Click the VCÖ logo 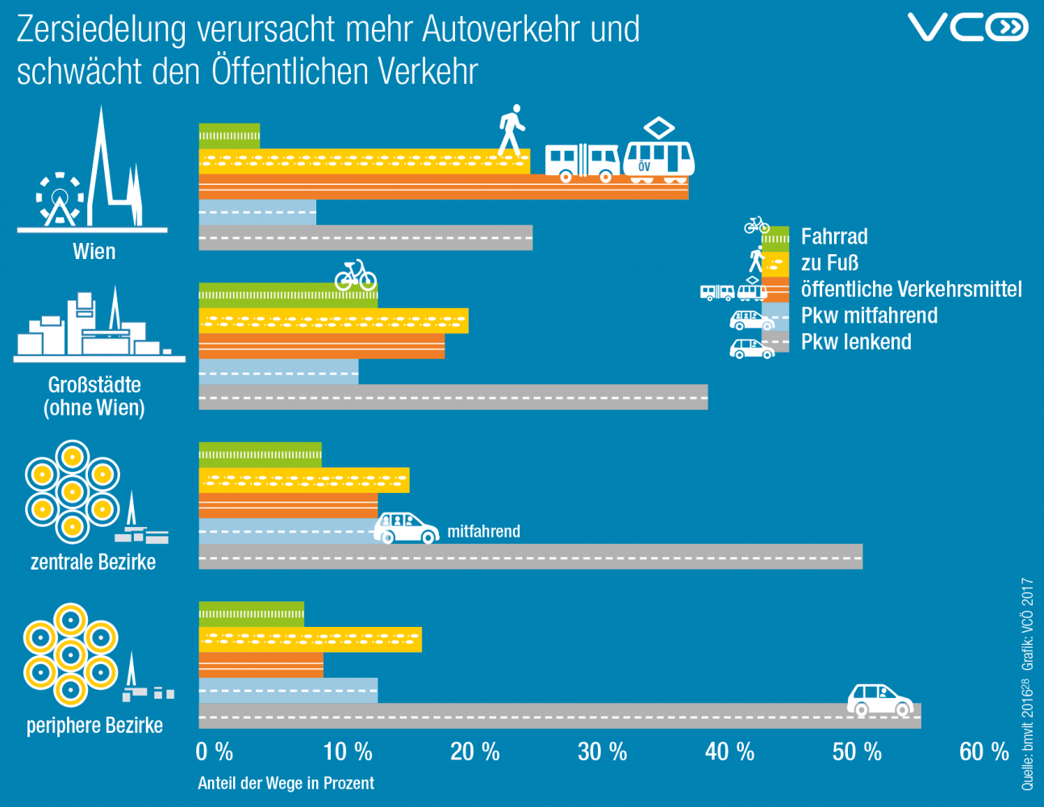tap(967, 27)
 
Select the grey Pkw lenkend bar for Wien tap(365, 238)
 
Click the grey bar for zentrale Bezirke tap(530, 557)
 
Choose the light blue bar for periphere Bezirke tap(288, 691)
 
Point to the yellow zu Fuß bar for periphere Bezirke tap(310, 639)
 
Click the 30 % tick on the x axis tap(602, 752)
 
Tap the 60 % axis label tap(983, 752)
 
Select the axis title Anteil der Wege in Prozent tap(286, 783)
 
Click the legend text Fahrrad tap(834, 236)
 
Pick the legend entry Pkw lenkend tap(856, 341)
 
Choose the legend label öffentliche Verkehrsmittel tap(911, 289)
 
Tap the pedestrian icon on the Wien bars tap(512, 130)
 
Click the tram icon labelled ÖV tap(658, 153)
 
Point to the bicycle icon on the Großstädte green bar tap(356, 275)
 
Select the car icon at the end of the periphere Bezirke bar tap(880, 700)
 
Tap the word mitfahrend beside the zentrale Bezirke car tap(483, 531)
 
